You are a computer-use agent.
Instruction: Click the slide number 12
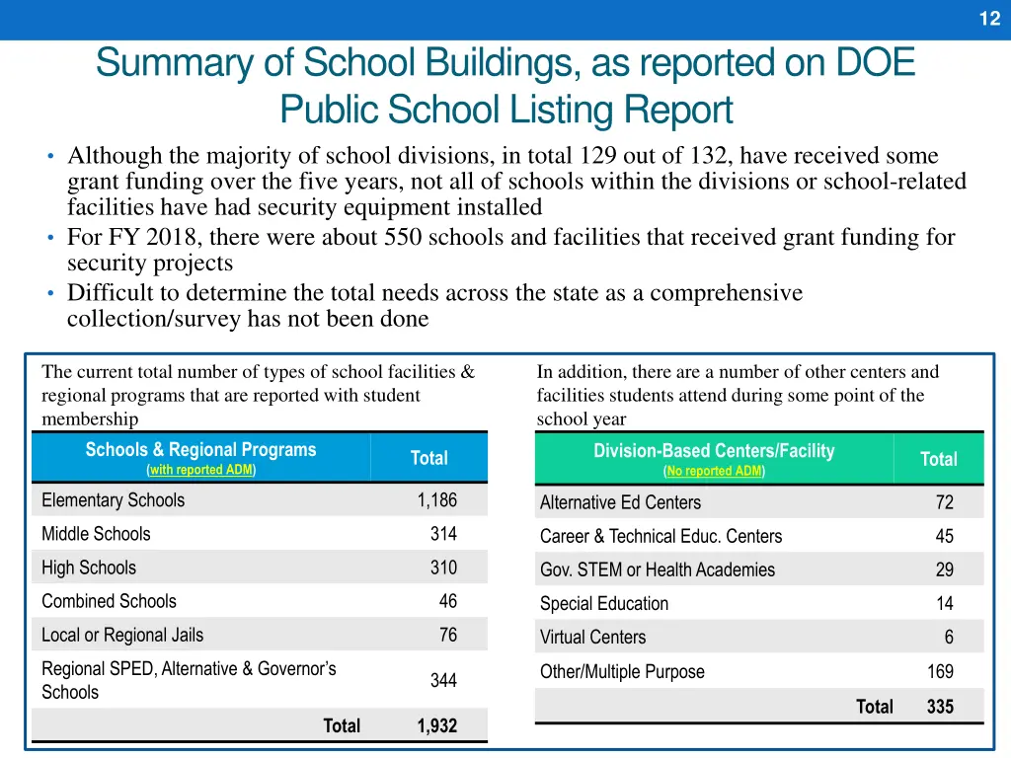(989, 19)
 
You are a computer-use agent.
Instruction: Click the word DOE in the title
(876, 63)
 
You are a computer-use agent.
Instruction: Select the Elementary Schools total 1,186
(436, 500)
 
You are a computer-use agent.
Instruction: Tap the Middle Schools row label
(96, 534)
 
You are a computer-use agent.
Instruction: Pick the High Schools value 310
(443, 568)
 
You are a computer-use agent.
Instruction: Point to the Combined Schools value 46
(447, 601)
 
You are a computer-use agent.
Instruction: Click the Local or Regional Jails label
(122, 635)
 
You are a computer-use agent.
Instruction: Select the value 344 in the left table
(443, 680)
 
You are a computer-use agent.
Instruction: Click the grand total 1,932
(436, 725)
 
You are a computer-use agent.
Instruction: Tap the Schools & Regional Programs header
(200, 450)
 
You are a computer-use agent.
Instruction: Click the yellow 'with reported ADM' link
(201, 470)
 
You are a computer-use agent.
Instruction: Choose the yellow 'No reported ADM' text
(714, 471)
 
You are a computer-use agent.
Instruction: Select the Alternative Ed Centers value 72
(945, 502)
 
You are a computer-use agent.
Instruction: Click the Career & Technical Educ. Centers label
(661, 536)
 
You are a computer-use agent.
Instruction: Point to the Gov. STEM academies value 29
(945, 569)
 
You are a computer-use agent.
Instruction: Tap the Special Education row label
(604, 603)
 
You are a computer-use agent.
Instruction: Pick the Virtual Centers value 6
(949, 638)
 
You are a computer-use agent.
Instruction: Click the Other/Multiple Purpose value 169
(940, 671)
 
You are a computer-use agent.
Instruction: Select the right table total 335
(940, 706)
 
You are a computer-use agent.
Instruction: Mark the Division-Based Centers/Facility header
(714, 451)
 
